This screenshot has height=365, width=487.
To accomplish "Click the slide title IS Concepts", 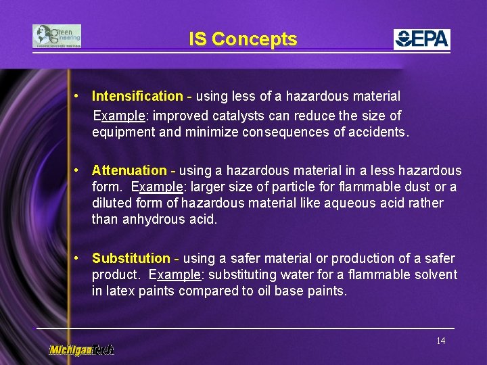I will click(x=243, y=39).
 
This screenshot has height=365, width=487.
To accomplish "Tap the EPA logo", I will click(x=422, y=39).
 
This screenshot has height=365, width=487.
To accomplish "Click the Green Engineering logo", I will click(x=57, y=36).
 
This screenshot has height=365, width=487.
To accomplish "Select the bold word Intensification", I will click(x=137, y=97).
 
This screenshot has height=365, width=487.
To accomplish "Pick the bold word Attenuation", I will click(x=129, y=170).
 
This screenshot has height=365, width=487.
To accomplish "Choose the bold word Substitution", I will click(x=131, y=258).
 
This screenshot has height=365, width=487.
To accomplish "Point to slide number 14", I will click(x=440, y=341).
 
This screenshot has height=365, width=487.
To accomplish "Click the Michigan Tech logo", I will click(x=81, y=349).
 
